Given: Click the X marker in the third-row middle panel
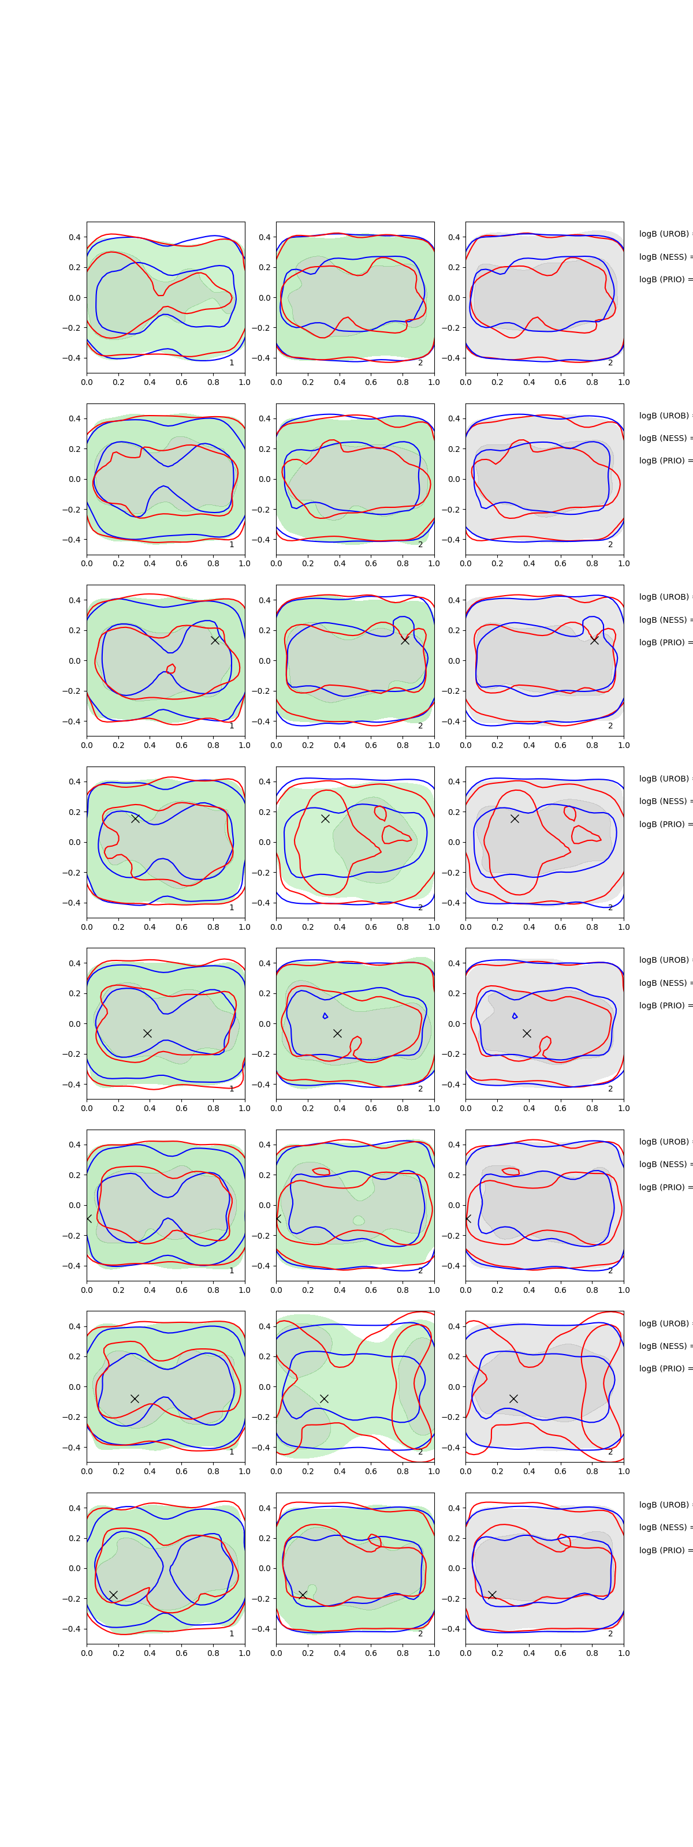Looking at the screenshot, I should (x=405, y=640).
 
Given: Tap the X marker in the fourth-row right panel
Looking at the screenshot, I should (x=515, y=818).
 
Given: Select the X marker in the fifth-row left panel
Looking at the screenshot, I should (x=147, y=1033).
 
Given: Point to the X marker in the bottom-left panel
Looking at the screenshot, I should (x=113, y=1595).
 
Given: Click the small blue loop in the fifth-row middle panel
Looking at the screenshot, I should (x=325, y=1016).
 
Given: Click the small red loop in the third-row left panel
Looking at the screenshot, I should (x=171, y=669).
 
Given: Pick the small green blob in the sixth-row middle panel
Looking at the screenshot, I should (x=359, y=1220).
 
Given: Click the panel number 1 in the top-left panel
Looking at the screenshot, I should (x=231, y=363).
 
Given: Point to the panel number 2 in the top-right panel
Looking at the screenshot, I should (x=610, y=363).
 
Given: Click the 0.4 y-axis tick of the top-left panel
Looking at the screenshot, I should (x=74, y=237).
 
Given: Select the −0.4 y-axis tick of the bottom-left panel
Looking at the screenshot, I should (x=72, y=1629).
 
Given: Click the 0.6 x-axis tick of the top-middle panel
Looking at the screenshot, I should (x=371, y=382).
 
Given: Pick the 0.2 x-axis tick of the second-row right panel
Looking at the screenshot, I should (x=497, y=563).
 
